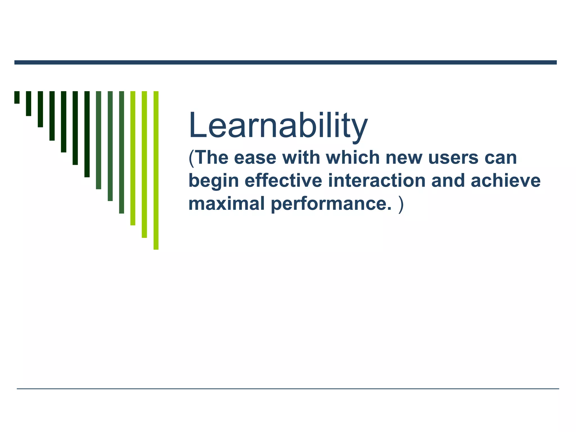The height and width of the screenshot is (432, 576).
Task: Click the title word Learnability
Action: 278,126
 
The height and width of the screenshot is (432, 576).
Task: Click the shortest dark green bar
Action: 17,97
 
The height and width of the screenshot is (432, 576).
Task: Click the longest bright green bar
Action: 156,170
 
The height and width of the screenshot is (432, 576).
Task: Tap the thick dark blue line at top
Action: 285,62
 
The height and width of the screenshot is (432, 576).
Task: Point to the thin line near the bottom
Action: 287,389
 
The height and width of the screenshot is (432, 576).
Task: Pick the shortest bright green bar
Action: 133,158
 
